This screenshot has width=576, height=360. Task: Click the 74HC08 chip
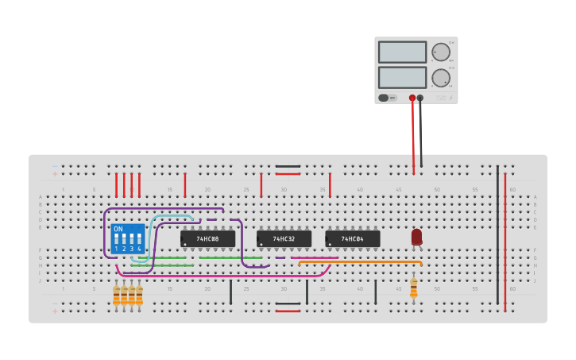[x=207, y=238]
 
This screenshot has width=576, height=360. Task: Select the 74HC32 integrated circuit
[x=284, y=238]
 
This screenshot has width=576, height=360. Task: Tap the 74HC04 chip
[x=352, y=238]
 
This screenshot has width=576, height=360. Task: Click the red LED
[x=416, y=236]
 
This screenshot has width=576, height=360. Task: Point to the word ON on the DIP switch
[x=118, y=229]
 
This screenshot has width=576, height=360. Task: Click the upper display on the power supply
[x=402, y=52]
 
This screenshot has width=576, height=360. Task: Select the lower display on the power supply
[x=402, y=77]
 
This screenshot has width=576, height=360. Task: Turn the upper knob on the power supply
[x=440, y=52]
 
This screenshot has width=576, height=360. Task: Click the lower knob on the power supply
[x=440, y=77]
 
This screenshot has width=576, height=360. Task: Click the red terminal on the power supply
[x=412, y=99]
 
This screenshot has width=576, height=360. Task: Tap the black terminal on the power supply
[x=420, y=99]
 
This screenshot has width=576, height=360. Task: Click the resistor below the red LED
[x=413, y=288]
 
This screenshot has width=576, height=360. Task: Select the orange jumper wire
[x=358, y=261]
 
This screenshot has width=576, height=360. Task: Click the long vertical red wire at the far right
[x=505, y=238]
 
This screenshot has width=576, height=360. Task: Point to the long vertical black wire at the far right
[x=497, y=238]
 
